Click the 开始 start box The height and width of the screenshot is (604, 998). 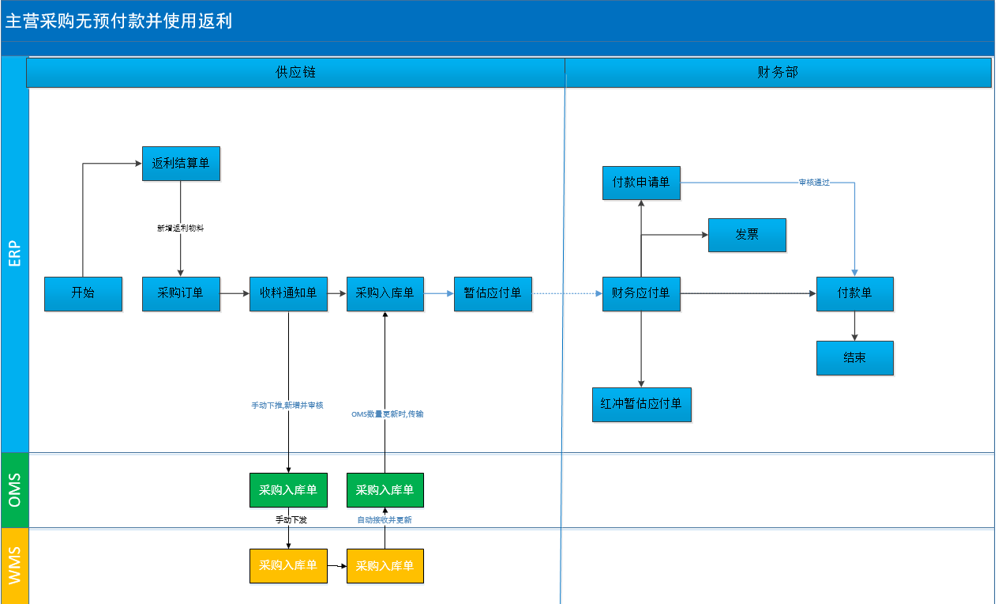(x=84, y=294)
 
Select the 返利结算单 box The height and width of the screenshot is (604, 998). (x=181, y=164)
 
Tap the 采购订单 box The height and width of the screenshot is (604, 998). (x=181, y=294)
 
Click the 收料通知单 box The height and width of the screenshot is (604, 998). (x=288, y=294)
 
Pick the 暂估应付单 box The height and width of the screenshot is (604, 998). (x=493, y=294)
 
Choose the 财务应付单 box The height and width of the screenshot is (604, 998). (x=641, y=294)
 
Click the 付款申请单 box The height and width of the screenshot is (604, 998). (x=641, y=183)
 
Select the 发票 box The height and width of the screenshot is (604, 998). (x=747, y=235)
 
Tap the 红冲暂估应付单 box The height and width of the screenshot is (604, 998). (x=642, y=405)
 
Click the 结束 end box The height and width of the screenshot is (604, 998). (x=855, y=358)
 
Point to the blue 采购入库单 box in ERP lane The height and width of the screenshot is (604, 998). (x=385, y=294)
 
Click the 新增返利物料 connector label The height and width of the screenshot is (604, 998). (x=181, y=228)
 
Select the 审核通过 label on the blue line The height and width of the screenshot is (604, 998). (x=814, y=183)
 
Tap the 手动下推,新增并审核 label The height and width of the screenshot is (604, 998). (x=287, y=405)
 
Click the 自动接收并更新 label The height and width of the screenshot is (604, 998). (x=385, y=519)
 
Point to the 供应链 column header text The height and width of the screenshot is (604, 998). (x=295, y=72)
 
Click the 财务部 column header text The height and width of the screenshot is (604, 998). (x=778, y=72)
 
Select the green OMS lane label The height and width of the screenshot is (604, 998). (x=15, y=490)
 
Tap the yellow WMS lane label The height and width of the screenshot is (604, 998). (x=15, y=565)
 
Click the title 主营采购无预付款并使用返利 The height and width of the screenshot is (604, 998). (x=118, y=21)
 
